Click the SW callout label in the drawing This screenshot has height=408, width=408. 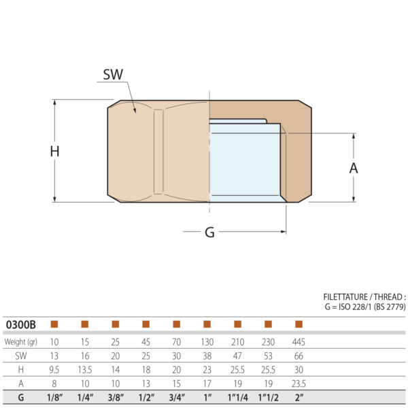pos(113,74)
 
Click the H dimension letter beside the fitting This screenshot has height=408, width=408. pos(55,152)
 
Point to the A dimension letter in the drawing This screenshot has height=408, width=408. pos(354,168)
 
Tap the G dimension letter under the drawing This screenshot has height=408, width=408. pos(209,233)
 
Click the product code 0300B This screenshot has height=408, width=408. pos(20,324)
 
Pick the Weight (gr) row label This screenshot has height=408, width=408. pos(21,341)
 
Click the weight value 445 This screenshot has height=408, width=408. pos(298,341)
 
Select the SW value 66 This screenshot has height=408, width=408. pos(298,356)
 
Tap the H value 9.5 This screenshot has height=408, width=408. pos(54,370)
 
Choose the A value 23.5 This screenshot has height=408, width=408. pos(298,384)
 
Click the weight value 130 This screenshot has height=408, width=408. pos(207,341)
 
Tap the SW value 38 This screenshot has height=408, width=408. pos(207,356)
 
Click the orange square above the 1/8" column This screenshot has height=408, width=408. pos(54,324)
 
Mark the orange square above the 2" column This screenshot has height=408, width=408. pos(298,324)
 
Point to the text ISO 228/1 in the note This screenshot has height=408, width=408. pos(357,307)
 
